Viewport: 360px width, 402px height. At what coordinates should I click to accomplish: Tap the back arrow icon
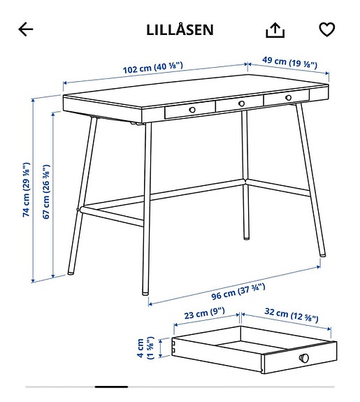tap(26, 29)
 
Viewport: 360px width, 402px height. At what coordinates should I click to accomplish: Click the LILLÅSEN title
tap(180, 30)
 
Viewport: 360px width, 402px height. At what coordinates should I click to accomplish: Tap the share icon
tap(275, 29)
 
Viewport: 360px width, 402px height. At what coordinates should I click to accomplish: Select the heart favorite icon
tap(326, 29)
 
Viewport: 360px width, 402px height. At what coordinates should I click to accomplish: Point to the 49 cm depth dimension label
tap(289, 63)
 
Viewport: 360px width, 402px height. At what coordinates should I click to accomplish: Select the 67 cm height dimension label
tap(46, 192)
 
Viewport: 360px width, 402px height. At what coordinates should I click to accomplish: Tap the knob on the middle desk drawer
tap(240, 103)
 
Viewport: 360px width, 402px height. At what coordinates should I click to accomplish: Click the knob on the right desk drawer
tap(287, 97)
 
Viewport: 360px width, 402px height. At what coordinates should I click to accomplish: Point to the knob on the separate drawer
tap(304, 358)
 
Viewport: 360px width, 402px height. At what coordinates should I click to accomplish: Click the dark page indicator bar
tap(111, 386)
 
